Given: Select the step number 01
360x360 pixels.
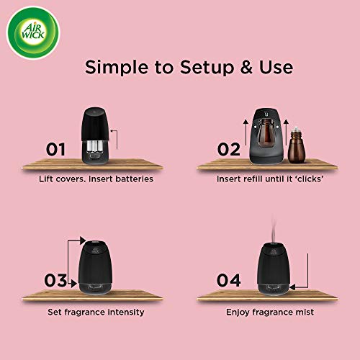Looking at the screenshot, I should [x=55, y=150].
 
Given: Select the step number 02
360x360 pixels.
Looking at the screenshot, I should [x=229, y=149].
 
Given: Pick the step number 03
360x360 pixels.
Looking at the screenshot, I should [x=55, y=280].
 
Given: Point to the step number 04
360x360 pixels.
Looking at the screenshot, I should [x=229, y=280].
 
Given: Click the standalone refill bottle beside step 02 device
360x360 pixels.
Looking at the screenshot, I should [x=294, y=143].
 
